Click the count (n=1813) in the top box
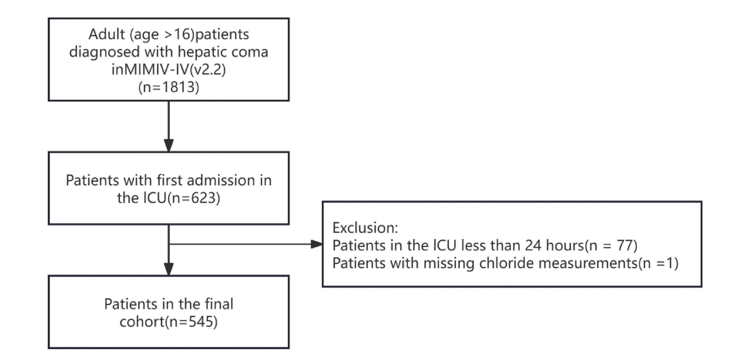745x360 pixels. click(x=169, y=87)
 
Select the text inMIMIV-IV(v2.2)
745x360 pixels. click(x=169, y=69)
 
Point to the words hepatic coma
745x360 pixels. click(x=223, y=52)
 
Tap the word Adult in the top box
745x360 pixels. click(x=106, y=34)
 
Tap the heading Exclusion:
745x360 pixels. click(x=365, y=228)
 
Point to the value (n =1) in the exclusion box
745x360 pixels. click(x=658, y=263)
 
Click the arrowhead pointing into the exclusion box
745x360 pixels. click(x=316, y=244)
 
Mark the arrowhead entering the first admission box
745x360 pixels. click(x=169, y=145)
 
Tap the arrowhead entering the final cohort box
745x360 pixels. click(x=169, y=269)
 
